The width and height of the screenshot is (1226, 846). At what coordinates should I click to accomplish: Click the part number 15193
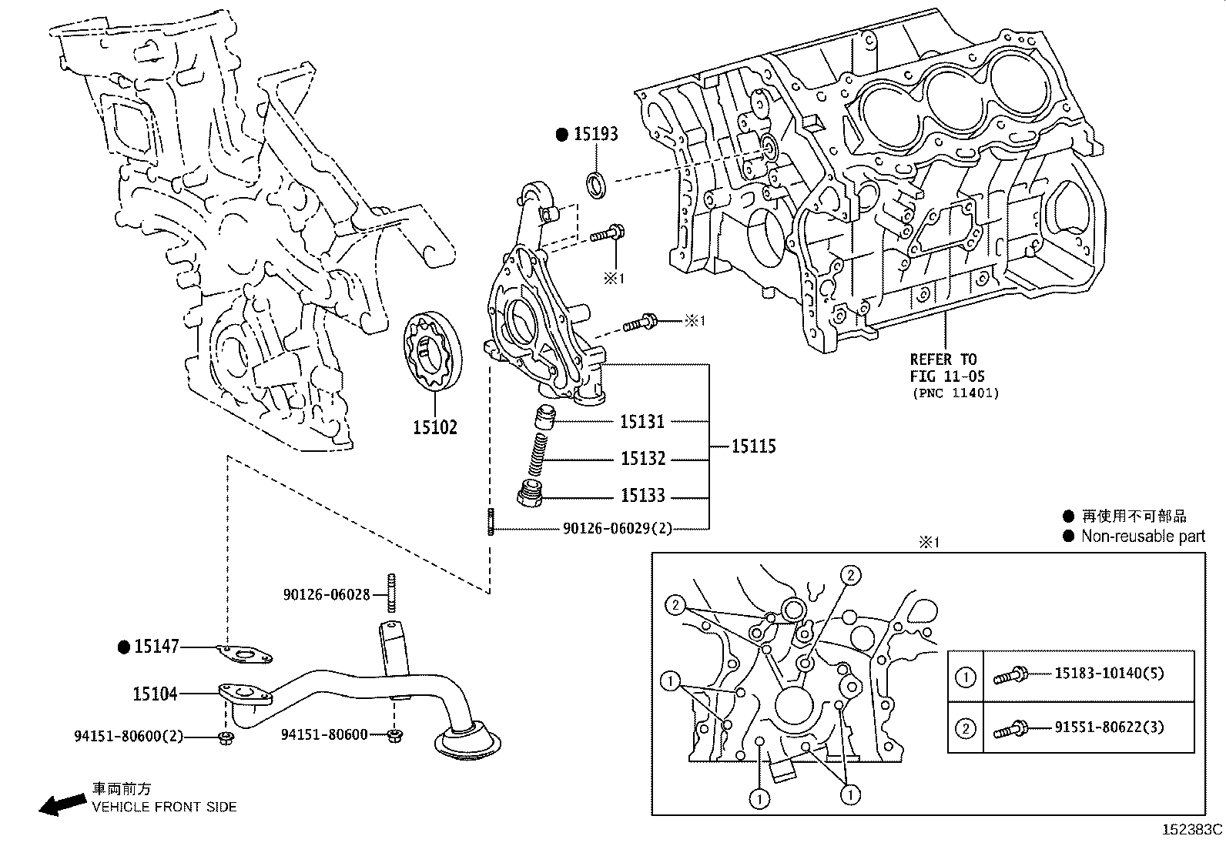[596, 135]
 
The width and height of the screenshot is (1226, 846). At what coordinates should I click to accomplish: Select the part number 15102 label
[434, 427]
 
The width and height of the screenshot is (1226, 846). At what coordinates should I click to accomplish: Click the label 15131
[642, 422]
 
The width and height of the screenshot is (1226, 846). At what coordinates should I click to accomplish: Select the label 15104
[156, 694]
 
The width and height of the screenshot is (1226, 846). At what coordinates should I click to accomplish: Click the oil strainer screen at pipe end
[467, 741]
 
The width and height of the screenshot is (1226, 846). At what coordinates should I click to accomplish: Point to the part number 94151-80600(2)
[129, 736]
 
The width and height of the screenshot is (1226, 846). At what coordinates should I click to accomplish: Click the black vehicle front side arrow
[62, 804]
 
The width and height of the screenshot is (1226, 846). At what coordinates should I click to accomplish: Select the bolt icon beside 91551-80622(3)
[1010, 728]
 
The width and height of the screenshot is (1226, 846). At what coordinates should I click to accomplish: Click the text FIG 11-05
[946, 376]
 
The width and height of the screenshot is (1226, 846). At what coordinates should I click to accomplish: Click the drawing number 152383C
[1192, 830]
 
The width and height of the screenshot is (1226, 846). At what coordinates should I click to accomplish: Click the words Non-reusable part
[1143, 536]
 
